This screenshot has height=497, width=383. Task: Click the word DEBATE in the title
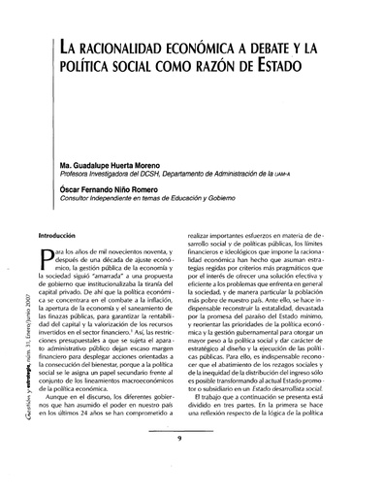point(250,49)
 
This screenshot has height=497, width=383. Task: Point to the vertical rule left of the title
point(51,58)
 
